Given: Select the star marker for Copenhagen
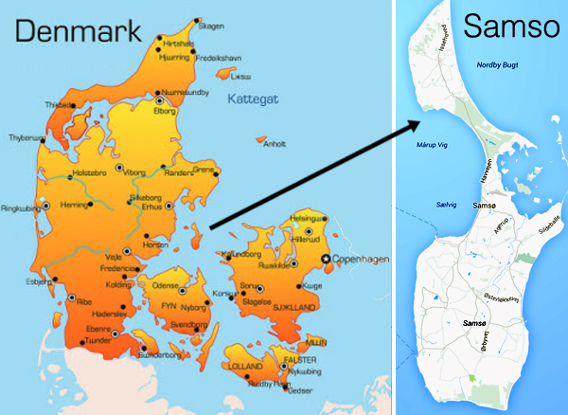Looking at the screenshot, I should [327, 259].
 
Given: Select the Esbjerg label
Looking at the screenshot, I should [38, 281].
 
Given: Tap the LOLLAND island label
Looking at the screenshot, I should [243, 364].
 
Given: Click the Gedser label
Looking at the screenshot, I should [299, 390].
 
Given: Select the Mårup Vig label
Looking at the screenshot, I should [434, 146].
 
